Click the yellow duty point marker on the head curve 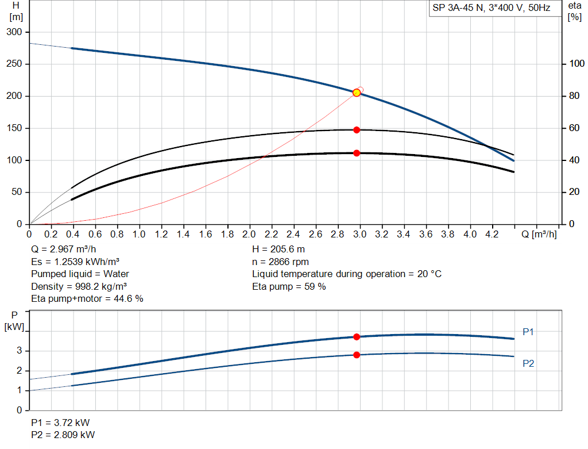tap(357, 93)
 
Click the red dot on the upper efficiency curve tap(357, 130)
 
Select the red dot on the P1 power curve tap(357, 337)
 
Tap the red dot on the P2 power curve tap(357, 355)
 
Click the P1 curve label tap(528, 332)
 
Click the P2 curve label tap(528, 363)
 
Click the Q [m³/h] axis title tap(539, 234)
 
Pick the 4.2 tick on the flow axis tap(492, 234)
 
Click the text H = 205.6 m tap(278, 250)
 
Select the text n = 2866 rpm tap(280, 262)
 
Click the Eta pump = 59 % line tap(289, 286)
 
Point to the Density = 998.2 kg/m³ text tap(79, 286)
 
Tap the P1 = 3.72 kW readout tap(60, 423)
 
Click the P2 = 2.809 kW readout tap(63, 435)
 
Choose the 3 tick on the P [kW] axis tap(20, 351)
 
